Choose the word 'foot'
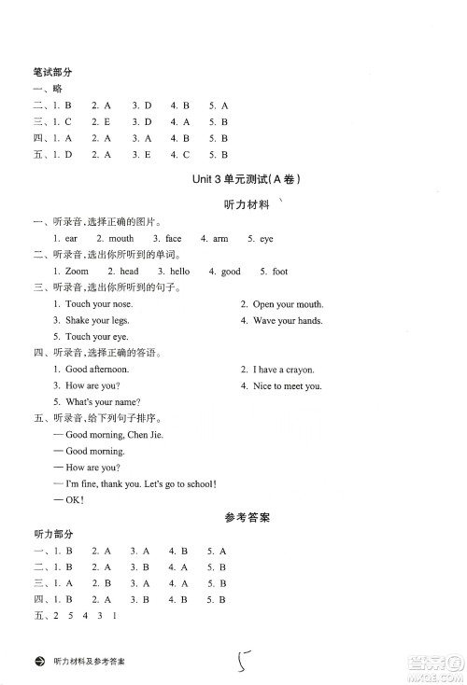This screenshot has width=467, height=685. tap(279, 272)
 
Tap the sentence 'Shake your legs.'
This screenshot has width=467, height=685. tap(97, 320)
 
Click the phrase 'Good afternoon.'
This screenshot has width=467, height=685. tap(97, 370)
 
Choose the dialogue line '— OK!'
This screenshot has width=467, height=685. tap(69, 499)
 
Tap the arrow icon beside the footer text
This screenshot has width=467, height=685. tap(38, 661)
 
